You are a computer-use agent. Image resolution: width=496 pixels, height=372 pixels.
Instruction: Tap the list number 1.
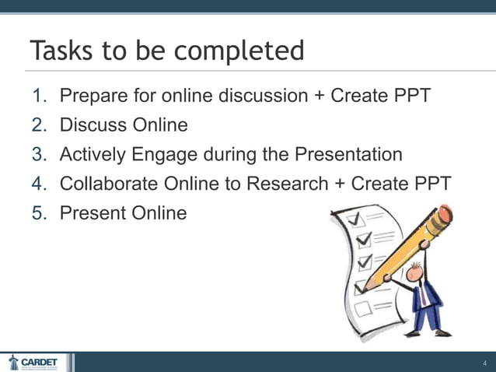[40, 96]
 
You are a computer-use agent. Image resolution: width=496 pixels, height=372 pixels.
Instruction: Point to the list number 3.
[40, 154]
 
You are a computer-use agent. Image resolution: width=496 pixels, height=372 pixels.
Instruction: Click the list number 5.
[40, 212]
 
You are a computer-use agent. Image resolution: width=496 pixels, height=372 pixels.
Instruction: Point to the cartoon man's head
[416, 272]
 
